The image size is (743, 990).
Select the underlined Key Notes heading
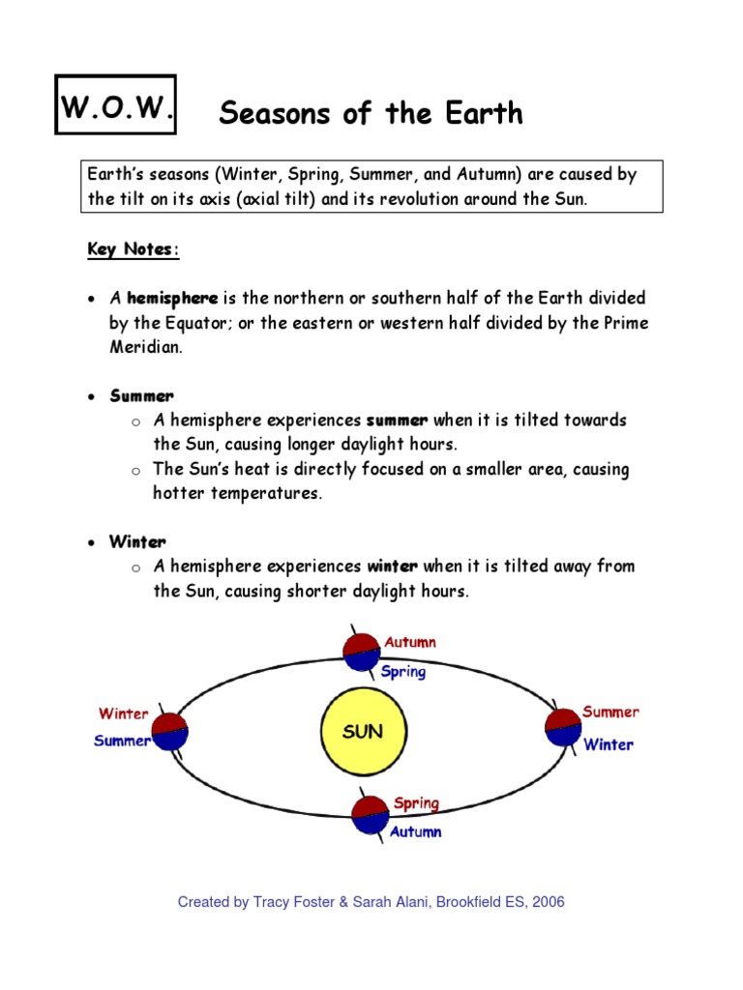134,249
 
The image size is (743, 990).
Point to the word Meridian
146,347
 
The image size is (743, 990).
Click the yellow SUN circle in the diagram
363,732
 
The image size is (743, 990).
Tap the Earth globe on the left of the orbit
168,732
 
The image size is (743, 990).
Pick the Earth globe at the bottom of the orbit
370,815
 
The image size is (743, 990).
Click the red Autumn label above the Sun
410,642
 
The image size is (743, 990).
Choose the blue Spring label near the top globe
403,671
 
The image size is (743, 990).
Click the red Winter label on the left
123,714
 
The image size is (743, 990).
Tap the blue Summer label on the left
122,742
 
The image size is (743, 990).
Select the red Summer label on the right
610,713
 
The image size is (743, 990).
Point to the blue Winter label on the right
609,744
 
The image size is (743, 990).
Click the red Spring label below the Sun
416,803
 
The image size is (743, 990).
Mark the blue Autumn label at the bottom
416,831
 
